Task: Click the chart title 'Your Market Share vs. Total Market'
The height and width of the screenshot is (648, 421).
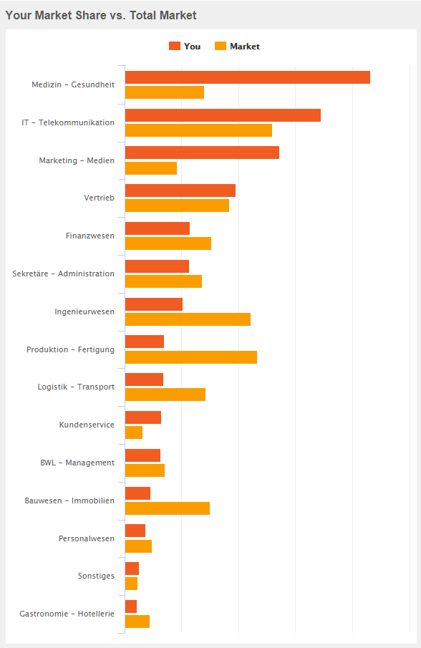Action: (101, 15)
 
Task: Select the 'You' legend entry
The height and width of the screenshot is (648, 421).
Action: (185, 47)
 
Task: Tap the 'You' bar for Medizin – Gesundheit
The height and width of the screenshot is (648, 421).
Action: (247, 77)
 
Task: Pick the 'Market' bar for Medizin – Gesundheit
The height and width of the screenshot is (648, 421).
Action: (164, 92)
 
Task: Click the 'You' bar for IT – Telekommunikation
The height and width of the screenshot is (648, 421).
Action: (223, 115)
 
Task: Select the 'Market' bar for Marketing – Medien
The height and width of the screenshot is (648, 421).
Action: (150, 168)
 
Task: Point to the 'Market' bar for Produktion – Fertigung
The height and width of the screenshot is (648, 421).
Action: (190, 357)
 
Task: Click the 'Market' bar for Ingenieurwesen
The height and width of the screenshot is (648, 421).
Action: (188, 319)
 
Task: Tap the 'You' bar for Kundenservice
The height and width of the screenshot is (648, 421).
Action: (142, 417)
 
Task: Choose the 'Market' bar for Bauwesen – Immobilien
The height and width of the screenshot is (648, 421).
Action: (167, 508)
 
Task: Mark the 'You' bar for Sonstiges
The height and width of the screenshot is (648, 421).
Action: (132, 569)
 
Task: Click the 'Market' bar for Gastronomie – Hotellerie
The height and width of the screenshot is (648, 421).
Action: (137, 622)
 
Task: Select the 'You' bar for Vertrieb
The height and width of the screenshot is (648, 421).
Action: (180, 190)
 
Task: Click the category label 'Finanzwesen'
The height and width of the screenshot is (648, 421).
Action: (89, 236)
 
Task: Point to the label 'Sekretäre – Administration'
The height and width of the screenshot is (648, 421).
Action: (63, 274)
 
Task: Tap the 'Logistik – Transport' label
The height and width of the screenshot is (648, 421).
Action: (76, 387)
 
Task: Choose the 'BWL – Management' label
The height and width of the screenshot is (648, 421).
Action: (77, 463)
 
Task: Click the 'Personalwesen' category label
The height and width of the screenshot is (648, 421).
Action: (86, 538)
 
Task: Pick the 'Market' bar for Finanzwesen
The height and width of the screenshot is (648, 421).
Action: (168, 243)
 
